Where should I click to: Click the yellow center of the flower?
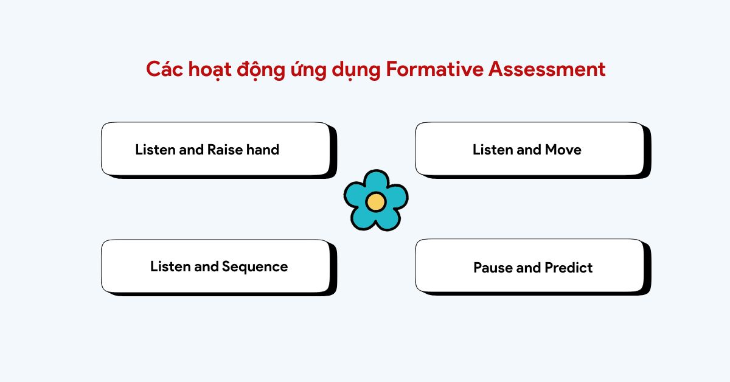376,201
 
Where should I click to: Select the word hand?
262,150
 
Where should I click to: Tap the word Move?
563,150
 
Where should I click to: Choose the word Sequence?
255,267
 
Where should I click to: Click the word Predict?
569,268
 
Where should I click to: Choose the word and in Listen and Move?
528,150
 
